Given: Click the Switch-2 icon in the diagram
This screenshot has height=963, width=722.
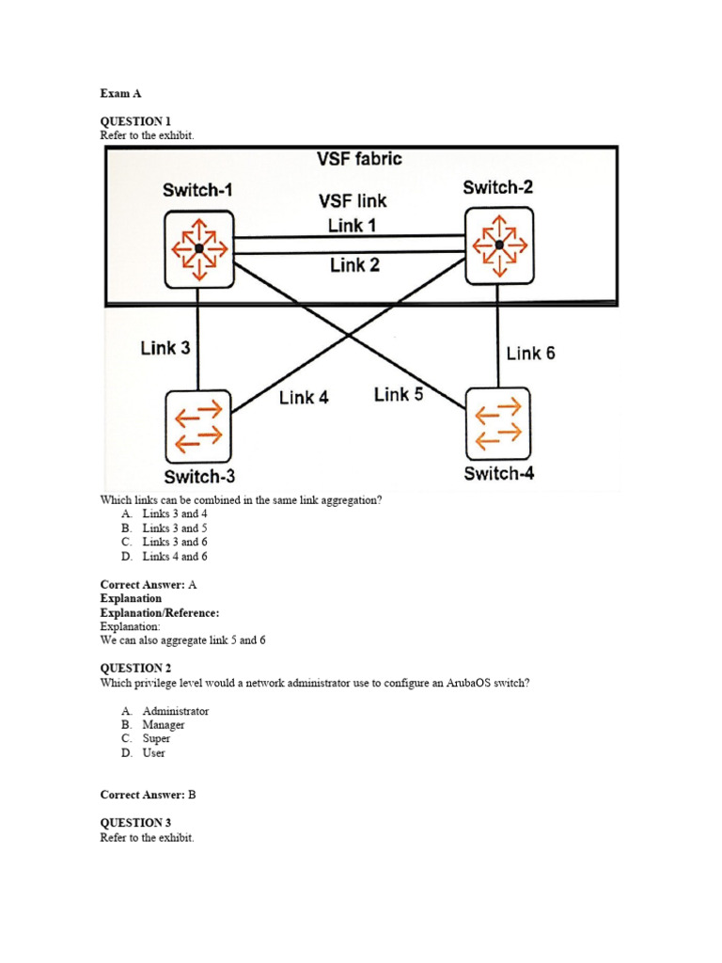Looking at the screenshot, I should (x=499, y=245).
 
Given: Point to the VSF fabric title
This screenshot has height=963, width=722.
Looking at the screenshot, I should (x=359, y=159).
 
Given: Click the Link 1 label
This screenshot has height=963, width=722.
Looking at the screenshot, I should (x=353, y=225).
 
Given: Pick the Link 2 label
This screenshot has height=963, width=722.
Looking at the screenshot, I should (x=354, y=265).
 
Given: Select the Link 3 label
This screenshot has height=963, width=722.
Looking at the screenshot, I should (x=165, y=348).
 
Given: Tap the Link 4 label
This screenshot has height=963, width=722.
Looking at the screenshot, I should (x=304, y=397).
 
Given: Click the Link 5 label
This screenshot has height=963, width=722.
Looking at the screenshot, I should (x=399, y=394).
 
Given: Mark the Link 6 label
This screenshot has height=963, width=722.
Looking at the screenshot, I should (x=530, y=353).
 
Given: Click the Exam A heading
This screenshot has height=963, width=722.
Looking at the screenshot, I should (x=120, y=94).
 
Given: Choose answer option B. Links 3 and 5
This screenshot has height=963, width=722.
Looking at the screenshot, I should (x=174, y=529).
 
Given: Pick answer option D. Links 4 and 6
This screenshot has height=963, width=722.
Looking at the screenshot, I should (x=174, y=557).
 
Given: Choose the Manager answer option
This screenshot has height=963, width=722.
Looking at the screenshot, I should (x=163, y=725).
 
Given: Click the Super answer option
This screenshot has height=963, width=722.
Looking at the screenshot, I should (x=156, y=739).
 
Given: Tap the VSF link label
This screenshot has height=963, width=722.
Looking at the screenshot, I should (x=353, y=200).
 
